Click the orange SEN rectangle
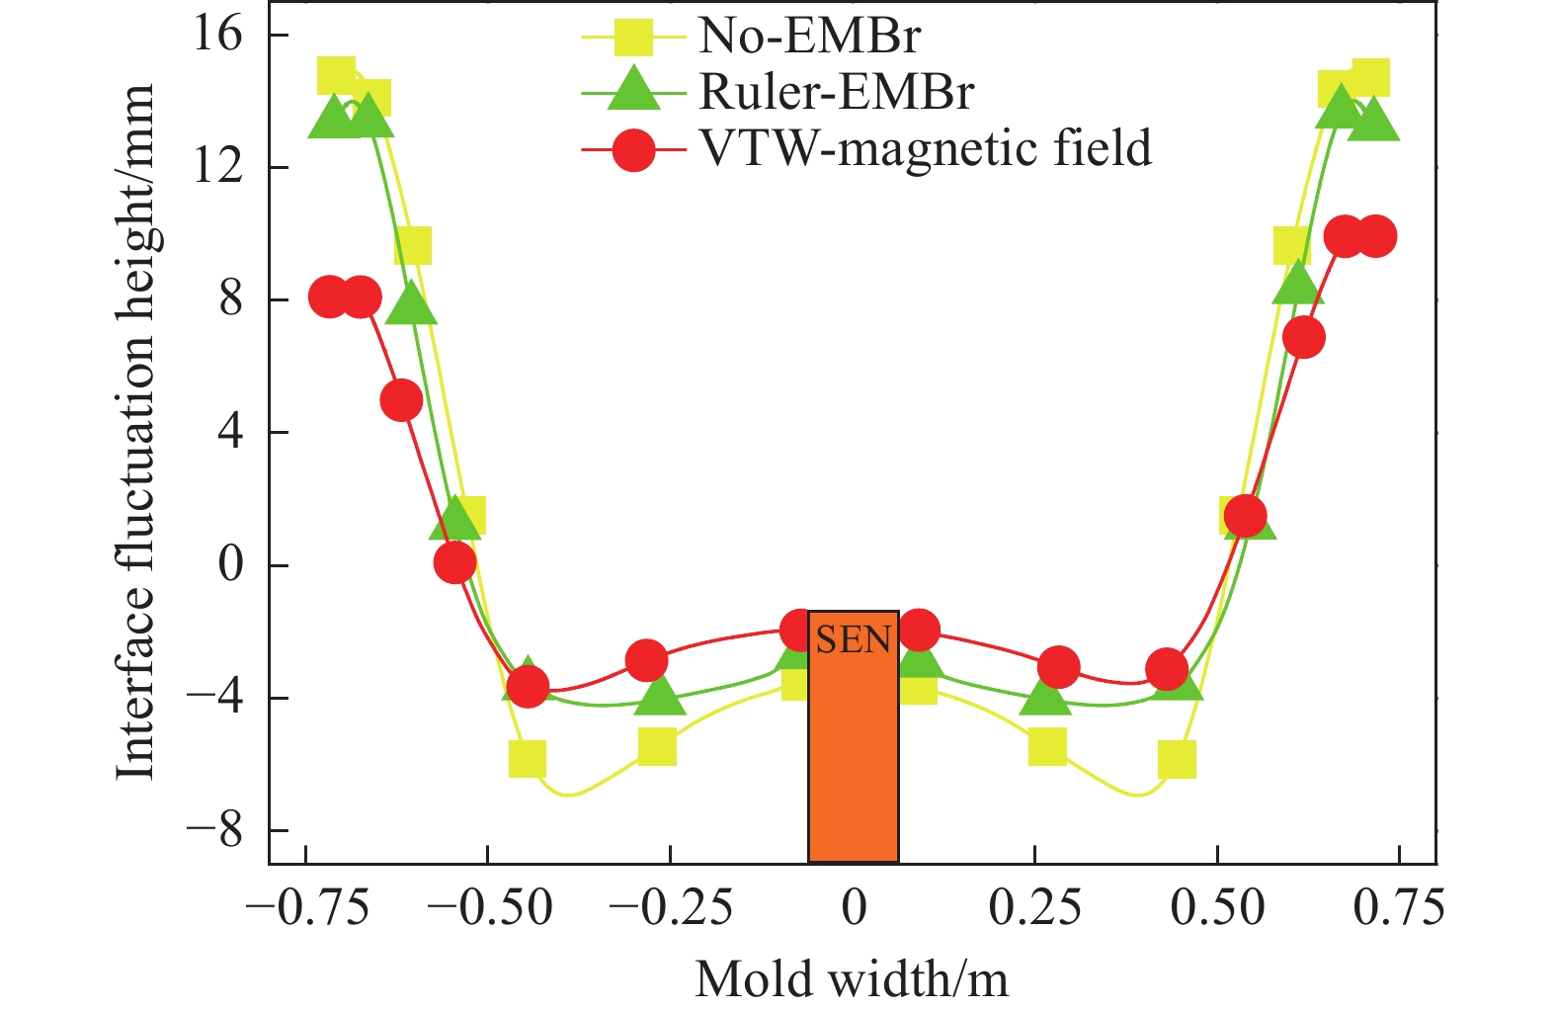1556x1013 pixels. point(853,751)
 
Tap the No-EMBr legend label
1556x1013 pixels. point(809,36)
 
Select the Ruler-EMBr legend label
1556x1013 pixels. point(836,92)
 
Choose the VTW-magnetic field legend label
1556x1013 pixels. point(925,149)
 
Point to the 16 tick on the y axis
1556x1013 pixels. point(217,35)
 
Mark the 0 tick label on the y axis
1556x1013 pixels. point(229,565)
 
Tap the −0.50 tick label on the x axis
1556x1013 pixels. point(487,907)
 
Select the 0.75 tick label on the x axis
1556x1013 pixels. point(1399,907)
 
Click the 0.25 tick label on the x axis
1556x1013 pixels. point(1034,907)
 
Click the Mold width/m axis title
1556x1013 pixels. point(852,979)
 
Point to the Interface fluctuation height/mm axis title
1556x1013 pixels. point(135,432)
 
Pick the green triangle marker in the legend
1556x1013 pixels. point(632,91)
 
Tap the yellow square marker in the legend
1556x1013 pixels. point(633,37)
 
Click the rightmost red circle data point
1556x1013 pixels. point(1375,236)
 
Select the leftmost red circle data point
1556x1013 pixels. point(330,296)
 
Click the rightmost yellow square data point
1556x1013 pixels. point(1370,77)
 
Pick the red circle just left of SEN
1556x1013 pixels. point(799,630)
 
